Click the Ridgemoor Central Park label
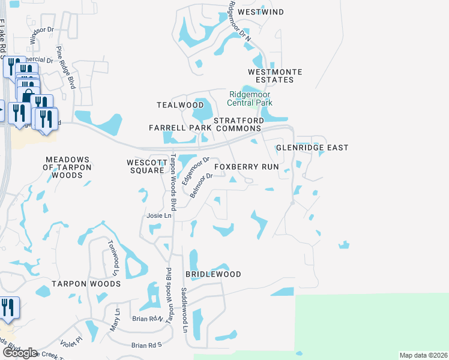pos(250,98)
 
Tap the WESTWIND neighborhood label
pos(260,12)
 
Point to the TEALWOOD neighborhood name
pos(180,105)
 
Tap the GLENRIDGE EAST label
pos(312,148)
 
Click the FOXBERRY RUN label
pos(247,167)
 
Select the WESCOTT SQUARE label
pos(145,166)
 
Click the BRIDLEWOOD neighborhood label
pos(213,274)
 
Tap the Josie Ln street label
pos(159,215)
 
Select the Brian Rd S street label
pos(147,345)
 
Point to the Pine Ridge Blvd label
pos(65,68)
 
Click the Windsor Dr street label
pos(42,37)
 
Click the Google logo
pos(20,353)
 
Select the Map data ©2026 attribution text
pos(423,355)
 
